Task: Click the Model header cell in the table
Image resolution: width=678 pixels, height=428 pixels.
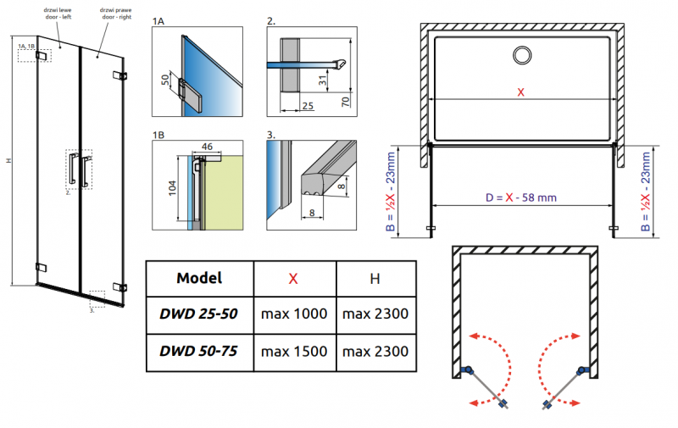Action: (199, 277)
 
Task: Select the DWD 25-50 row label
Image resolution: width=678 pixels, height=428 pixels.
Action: (199, 314)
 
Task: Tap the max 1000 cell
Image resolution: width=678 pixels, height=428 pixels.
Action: (293, 314)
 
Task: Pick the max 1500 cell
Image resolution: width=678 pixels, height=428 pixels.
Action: (293, 350)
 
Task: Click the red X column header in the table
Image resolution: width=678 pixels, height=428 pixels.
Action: (293, 277)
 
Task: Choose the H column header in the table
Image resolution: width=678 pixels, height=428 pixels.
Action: (375, 277)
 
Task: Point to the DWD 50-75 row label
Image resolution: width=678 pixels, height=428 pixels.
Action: (199, 350)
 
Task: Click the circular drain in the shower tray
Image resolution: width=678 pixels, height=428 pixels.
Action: (521, 55)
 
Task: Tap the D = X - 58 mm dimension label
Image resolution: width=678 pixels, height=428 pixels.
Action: (520, 198)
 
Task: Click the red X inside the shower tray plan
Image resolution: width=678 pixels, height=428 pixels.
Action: (520, 92)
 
